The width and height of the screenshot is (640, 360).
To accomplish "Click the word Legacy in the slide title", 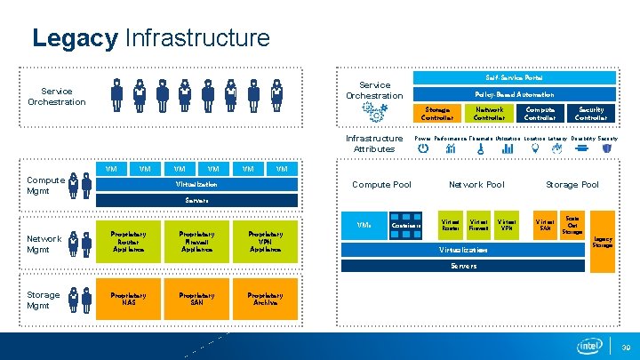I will click(75, 38).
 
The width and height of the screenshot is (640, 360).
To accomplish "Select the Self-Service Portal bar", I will click(515, 78).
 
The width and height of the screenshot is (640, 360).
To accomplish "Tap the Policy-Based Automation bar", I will click(515, 94).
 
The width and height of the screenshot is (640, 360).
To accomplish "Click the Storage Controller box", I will click(436, 114).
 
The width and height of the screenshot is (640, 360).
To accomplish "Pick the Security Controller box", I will click(591, 114).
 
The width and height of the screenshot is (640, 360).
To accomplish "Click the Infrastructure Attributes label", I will click(374, 143).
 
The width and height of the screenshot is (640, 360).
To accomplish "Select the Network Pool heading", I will click(476, 185).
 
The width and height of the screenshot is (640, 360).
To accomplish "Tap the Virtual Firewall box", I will click(478, 226).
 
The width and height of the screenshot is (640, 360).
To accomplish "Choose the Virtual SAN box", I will click(543, 226).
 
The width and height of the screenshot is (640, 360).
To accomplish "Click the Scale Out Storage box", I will click(572, 225).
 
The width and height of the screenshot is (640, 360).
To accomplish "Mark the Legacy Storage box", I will click(603, 241).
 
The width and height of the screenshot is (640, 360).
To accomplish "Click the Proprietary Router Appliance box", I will click(128, 243).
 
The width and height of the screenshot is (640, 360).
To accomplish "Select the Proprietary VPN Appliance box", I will click(265, 243).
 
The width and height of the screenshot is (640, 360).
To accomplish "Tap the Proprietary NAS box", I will click(128, 299).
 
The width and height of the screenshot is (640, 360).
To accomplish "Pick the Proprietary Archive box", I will click(265, 299).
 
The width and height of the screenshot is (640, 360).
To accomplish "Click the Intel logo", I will click(588, 346).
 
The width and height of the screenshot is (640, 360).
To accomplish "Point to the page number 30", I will click(625, 347).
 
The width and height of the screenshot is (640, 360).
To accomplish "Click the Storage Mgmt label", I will click(43, 300).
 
